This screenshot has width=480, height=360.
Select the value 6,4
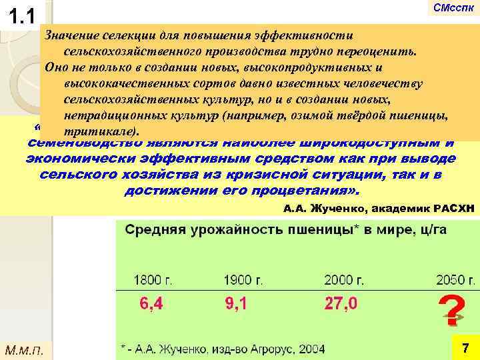coord(151,304)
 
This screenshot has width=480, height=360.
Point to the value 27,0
coord(340,304)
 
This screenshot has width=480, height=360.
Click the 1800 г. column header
coord(153,278)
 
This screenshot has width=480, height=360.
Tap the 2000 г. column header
coord(343,278)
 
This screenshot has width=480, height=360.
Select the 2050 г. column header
coord(453,278)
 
